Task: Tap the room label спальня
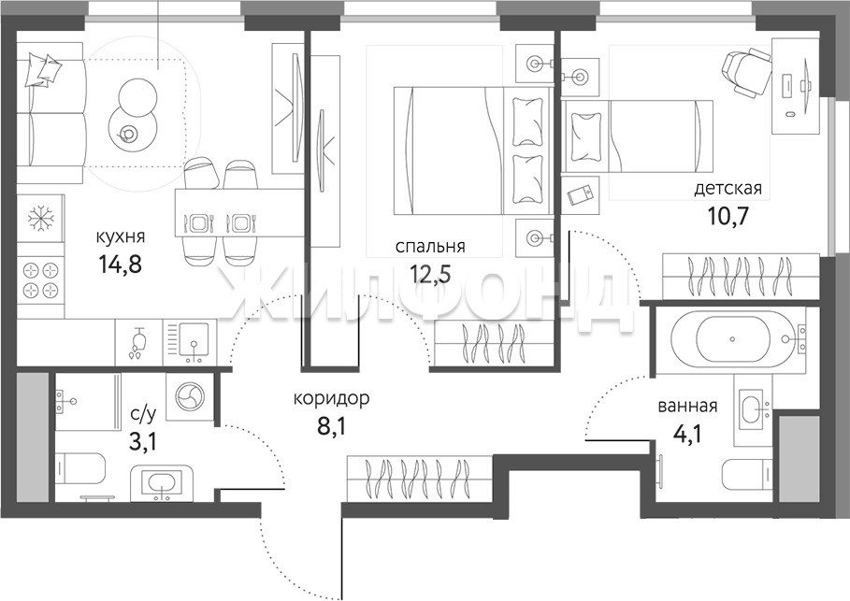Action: click(x=430, y=247)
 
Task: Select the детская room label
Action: click(x=728, y=189)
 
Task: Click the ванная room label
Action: click(x=687, y=406)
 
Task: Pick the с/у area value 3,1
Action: click(x=142, y=442)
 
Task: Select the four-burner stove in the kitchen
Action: click(x=40, y=279)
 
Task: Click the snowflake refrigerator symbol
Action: click(x=40, y=218)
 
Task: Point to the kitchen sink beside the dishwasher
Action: click(x=194, y=341)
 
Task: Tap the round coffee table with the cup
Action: click(x=132, y=132)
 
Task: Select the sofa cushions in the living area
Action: click(x=43, y=70)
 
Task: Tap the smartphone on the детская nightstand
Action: click(x=580, y=195)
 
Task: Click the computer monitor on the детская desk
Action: click(x=805, y=85)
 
